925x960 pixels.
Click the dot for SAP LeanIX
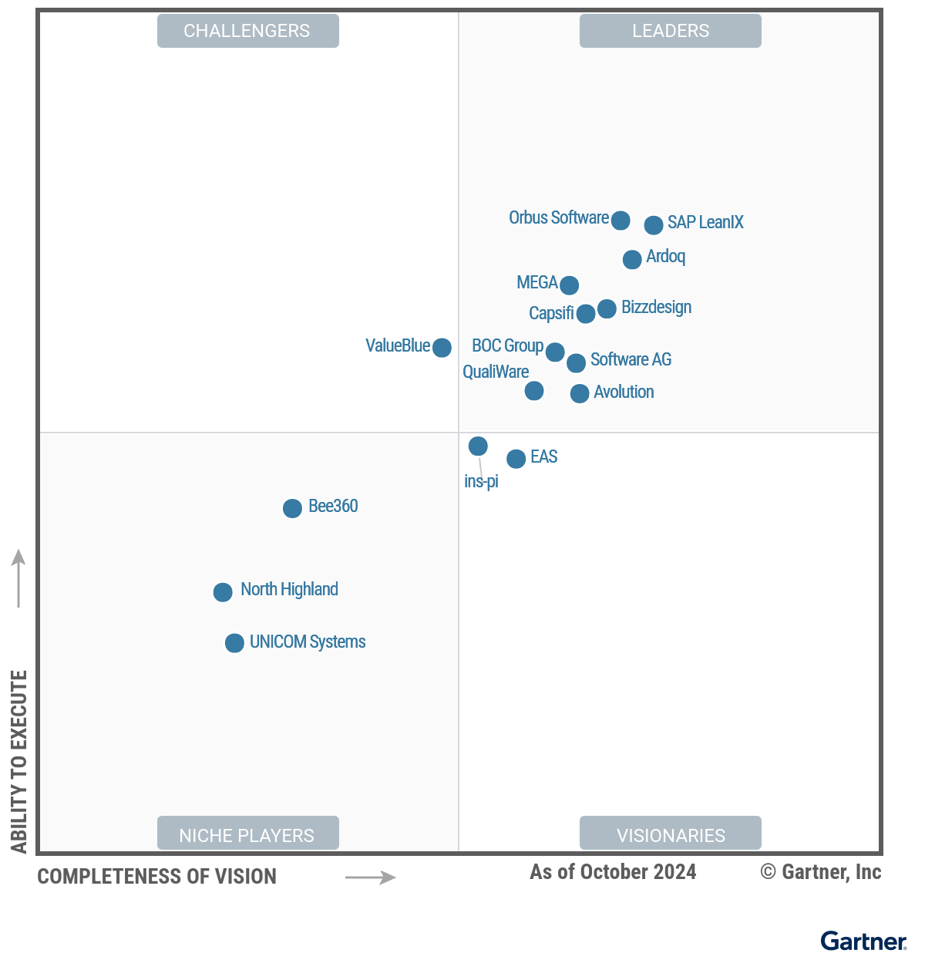point(654,225)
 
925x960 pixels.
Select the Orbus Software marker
point(621,221)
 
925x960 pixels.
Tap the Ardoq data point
point(632,260)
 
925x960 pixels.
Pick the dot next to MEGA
point(570,285)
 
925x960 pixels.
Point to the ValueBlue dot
point(442,348)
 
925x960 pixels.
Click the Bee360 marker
point(292,508)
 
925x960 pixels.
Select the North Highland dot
point(223,592)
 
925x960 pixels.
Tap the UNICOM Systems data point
point(234,643)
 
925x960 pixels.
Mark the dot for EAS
point(516,459)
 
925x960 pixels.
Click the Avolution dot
point(580,394)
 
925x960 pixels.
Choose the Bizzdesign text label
point(656,308)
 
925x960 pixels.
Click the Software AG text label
point(631,360)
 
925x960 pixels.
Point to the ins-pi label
point(481,482)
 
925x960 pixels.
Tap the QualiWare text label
point(496,372)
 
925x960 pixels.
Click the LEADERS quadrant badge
point(671,31)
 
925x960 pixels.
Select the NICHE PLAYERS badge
point(247,835)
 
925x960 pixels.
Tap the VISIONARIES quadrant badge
point(671,835)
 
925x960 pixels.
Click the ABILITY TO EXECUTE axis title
point(19,761)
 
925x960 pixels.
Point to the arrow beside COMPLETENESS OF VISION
point(370,877)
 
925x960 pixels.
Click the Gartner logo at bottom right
point(863,941)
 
